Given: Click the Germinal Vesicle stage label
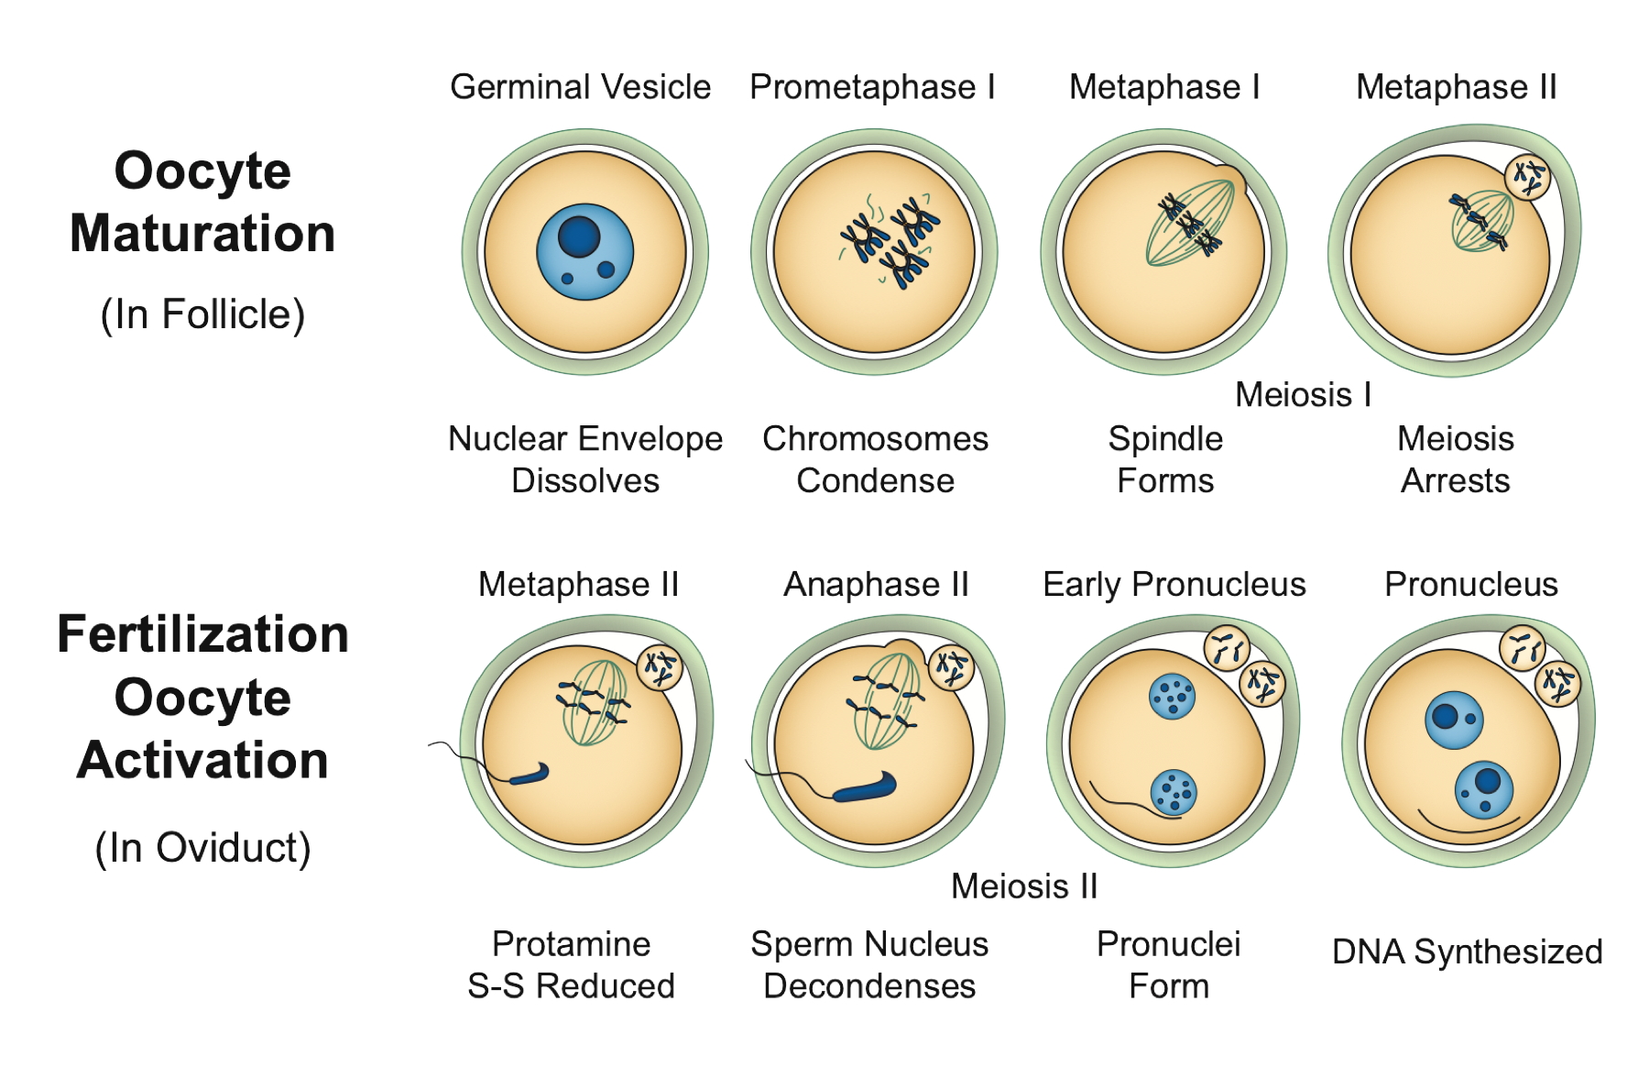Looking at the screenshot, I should [x=580, y=87].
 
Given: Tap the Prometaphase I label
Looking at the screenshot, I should [x=872, y=87].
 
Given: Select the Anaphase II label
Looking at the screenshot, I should [x=876, y=585].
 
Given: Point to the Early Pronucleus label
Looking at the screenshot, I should [x=1174, y=585].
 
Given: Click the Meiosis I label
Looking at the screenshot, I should [x=1303, y=395].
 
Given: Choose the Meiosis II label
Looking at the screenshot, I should [x=1024, y=886].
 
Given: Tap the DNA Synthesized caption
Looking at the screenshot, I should [x=1467, y=951].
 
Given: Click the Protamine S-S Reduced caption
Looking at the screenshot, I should [x=571, y=965].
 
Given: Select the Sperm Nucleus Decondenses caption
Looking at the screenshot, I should [x=869, y=965].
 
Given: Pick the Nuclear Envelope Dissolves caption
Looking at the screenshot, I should [x=585, y=459].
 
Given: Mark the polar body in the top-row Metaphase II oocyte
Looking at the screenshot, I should [x=1527, y=176].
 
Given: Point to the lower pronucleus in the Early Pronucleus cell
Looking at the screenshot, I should [x=1173, y=792].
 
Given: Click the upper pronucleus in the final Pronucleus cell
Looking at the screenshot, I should [x=1454, y=720].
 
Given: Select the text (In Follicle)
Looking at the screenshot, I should [x=202, y=314].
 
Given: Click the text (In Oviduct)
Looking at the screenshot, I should [x=202, y=848].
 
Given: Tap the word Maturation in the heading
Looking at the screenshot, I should [x=202, y=233].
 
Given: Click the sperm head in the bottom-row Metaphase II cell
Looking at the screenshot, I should [x=530, y=775].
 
